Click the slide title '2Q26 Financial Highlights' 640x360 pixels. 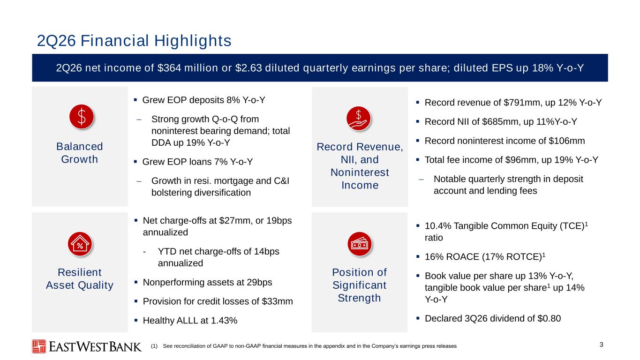tap(134, 41)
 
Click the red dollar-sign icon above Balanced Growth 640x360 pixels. tap(82, 117)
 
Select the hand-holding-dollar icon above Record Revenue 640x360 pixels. tap(358, 119)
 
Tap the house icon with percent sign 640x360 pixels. tap(80, 244)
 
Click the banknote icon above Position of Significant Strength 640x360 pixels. tap(360, 244)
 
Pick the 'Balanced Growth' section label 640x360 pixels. tap(79, 153)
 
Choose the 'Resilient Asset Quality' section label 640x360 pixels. tap(79, 278)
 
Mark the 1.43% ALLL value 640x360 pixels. tap(224, 321)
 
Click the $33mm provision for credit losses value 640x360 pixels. tap(277, 301)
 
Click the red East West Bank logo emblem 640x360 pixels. tap(39, 346)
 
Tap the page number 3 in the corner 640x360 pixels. tap(602, 345)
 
